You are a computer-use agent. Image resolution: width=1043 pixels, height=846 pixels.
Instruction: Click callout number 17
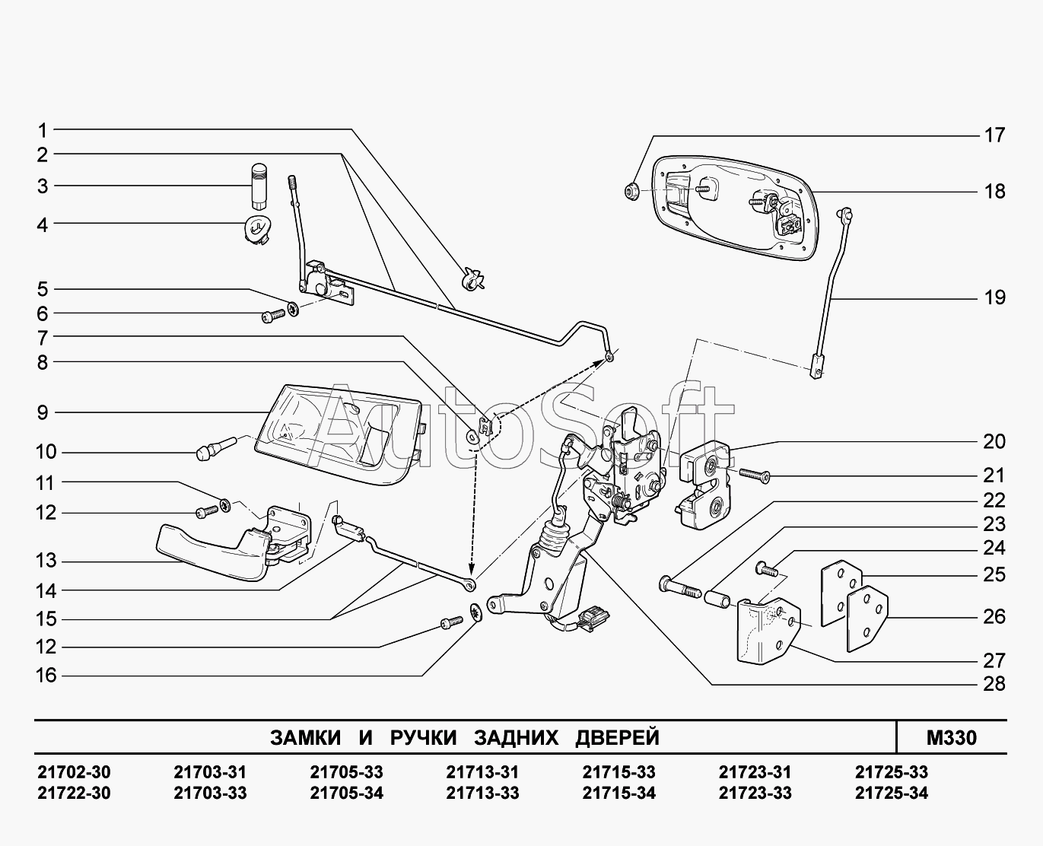tap(994, 135)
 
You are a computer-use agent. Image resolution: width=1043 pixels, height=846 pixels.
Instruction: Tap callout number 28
tap(994, 685)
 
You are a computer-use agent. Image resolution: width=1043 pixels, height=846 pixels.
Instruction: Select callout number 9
tap(43, 412)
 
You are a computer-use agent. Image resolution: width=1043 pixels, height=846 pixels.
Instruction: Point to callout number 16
tap(46, 676)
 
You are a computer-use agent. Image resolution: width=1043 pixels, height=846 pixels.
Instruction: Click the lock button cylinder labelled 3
tap(259, 187)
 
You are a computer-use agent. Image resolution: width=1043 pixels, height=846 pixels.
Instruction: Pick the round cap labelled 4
tap(258, 229)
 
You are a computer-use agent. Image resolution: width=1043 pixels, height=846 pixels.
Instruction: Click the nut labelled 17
tap(631, 190)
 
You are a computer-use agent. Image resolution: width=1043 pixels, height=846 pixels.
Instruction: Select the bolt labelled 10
tap(216, 448)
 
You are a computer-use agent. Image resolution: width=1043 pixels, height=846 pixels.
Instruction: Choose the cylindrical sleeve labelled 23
tap(718, 599)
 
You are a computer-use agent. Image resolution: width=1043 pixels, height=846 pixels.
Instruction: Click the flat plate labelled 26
tap(867, 619)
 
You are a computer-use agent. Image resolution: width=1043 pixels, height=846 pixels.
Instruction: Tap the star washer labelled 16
tap(476, 612)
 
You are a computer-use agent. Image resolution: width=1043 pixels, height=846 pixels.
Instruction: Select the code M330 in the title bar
tap(952, 738)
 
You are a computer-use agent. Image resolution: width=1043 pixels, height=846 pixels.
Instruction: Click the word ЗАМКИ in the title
tap(306, 738)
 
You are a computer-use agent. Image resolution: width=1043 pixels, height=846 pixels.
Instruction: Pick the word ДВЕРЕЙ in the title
tap(618, 738)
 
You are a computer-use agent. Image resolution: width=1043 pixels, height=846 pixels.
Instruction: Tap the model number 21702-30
tap(74, 772)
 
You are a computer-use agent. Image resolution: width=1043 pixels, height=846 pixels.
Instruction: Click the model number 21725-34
tap(891, 793)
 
